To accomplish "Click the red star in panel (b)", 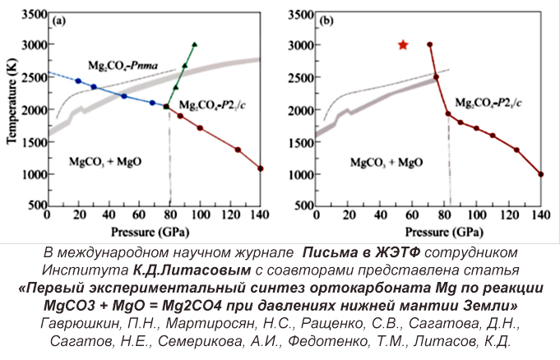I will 403,44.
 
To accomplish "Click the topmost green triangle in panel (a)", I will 194,44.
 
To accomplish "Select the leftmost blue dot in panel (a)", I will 78,81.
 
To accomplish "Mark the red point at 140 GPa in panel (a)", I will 261,168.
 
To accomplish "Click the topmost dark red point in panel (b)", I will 429,44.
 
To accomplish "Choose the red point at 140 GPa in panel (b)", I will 540,174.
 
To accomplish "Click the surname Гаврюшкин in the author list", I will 85,321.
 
